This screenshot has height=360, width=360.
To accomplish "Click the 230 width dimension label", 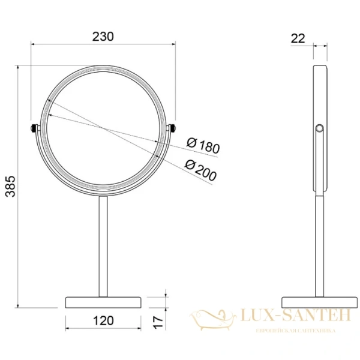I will (x=104, y=36).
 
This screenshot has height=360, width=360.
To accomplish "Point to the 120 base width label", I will (x=103, y=320).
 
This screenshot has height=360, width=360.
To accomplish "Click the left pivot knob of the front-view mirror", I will (x=33, y=128).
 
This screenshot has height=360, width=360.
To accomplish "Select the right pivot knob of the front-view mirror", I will (x=173, y=128).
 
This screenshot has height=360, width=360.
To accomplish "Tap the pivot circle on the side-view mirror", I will (x=319, y=128).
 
